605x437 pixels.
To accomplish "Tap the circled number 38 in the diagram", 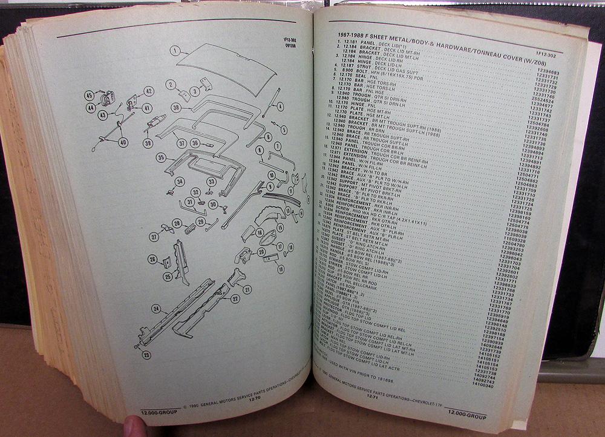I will pos(176,107).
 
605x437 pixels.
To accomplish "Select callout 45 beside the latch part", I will pos(89,95).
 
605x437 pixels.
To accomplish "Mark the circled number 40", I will pos(123,143).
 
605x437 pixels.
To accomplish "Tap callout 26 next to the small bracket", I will pos(152,259).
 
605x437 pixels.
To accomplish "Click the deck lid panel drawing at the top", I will pos(224,67).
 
